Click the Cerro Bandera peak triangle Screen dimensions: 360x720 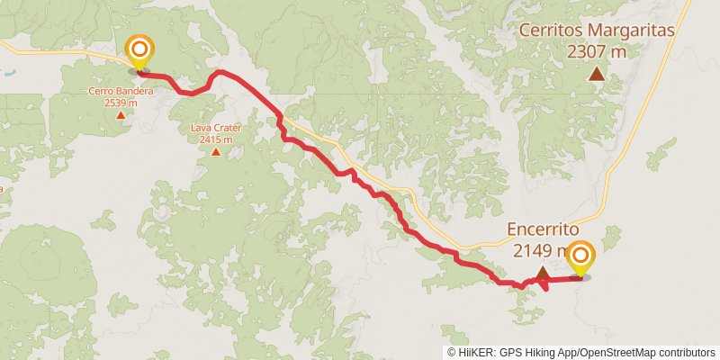coord(121,115)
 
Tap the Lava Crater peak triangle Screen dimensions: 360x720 coord(216,151)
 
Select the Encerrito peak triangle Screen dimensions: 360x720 coord(543,273)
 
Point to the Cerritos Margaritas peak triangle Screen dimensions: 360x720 coord(596,74)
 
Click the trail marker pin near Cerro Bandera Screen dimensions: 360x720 coord(139,50)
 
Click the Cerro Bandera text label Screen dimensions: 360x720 coord(121,91)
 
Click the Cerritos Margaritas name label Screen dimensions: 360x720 coord(598,31)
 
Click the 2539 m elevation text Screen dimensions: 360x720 coord(121,103)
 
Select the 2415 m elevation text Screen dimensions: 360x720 coord(216,139)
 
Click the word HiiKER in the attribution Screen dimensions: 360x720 coord(475,352)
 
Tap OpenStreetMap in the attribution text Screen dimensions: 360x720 coord(620,352)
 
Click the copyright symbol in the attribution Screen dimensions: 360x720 coord(451,352)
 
